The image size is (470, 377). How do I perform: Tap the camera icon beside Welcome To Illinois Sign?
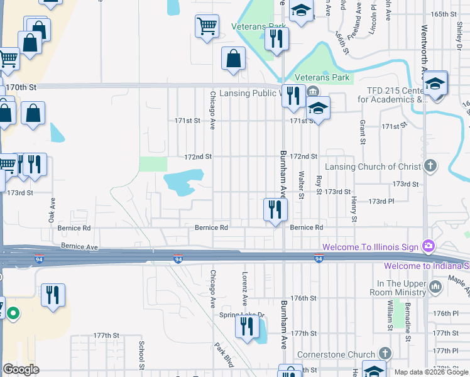coord(429,245)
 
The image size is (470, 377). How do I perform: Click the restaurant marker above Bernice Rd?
coord(274,209)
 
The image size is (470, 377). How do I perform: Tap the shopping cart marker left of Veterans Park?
coord(207,26)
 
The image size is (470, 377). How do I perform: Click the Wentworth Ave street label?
coord(424,44)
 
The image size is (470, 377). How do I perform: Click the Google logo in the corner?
coord(21,369)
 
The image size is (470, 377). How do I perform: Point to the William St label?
coord(390,313)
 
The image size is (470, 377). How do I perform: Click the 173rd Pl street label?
coord(381,202)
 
